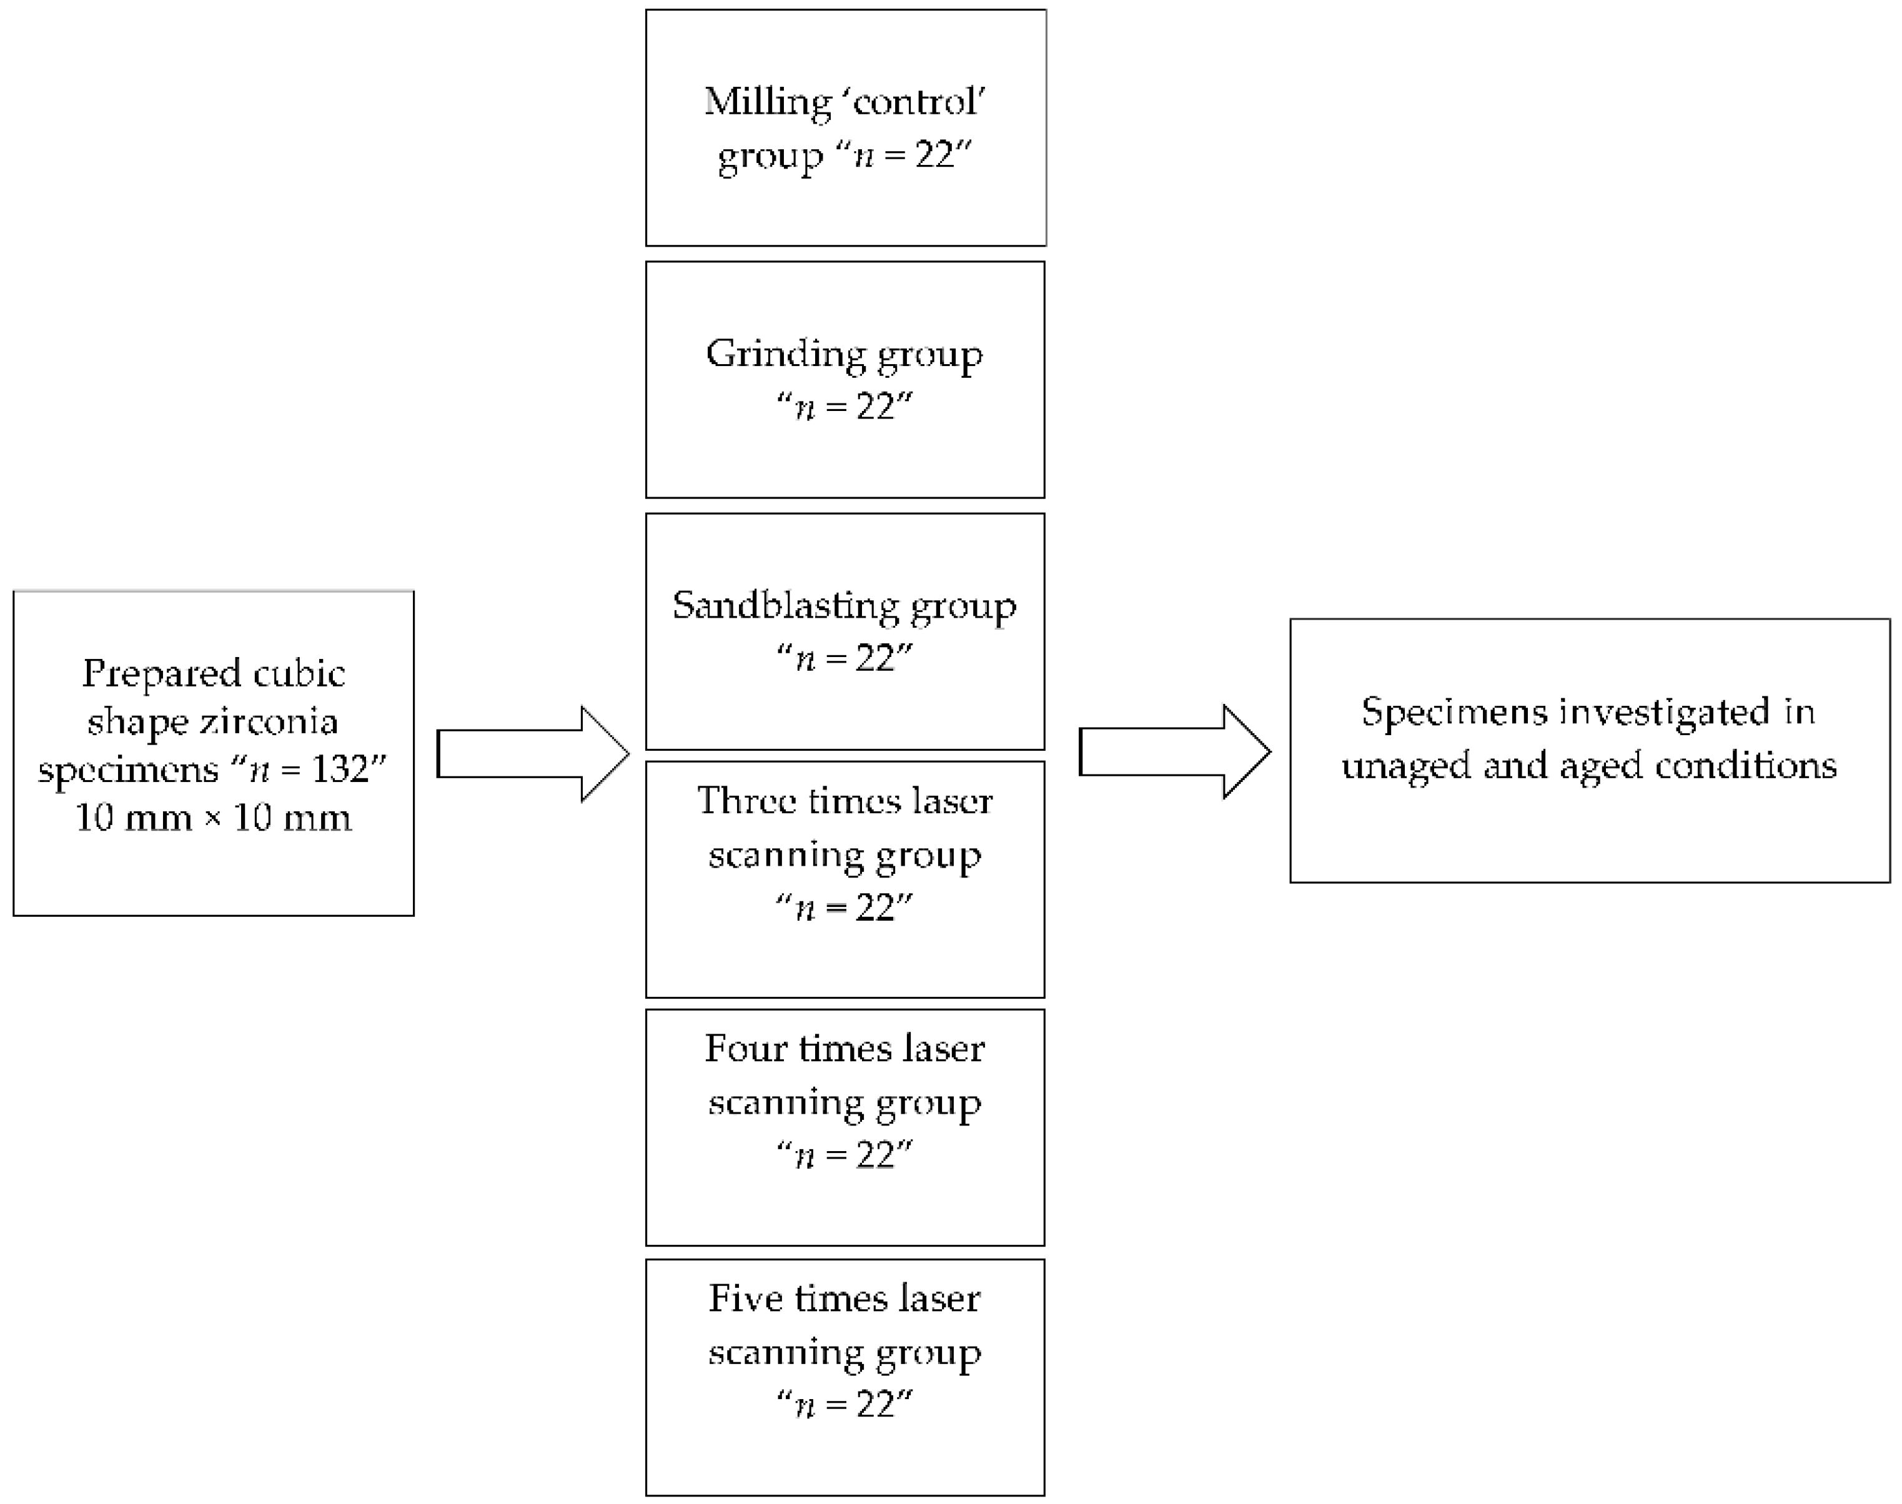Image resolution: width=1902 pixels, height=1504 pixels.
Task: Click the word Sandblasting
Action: tap(785, 606)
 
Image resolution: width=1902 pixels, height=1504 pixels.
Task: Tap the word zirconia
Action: tap(269, 722)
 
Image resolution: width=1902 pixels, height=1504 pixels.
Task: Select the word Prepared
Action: tap(161, 674)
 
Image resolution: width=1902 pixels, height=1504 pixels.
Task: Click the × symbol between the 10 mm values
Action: tap(212, 818)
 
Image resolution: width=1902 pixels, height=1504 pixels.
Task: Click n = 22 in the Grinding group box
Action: tap(845, 407)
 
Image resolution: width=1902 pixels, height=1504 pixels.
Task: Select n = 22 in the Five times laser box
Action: tap(845, 1403)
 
